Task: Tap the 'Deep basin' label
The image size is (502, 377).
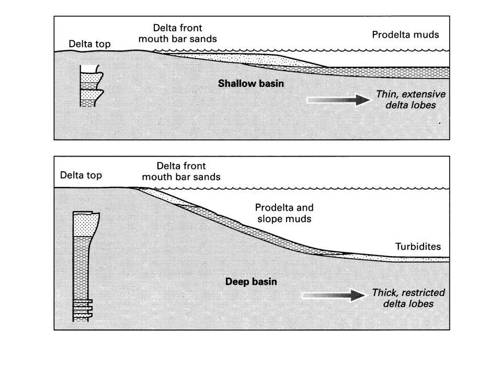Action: pos(251,282)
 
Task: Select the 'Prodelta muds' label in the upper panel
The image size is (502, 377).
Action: pos(405,35)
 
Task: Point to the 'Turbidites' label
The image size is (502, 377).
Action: pos(418,246)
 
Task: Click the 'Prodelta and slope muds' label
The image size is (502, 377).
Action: pos(284,213)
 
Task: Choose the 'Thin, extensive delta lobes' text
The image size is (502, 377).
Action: pos(410,100)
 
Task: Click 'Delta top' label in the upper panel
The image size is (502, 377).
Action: pos(89,44)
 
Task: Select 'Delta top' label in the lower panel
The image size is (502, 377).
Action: pos(81,175)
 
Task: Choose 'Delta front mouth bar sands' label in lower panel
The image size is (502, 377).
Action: pos(181,171)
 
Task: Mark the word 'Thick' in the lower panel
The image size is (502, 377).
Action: pos(384,293)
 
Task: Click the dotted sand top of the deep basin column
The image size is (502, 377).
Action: pos(86,225)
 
